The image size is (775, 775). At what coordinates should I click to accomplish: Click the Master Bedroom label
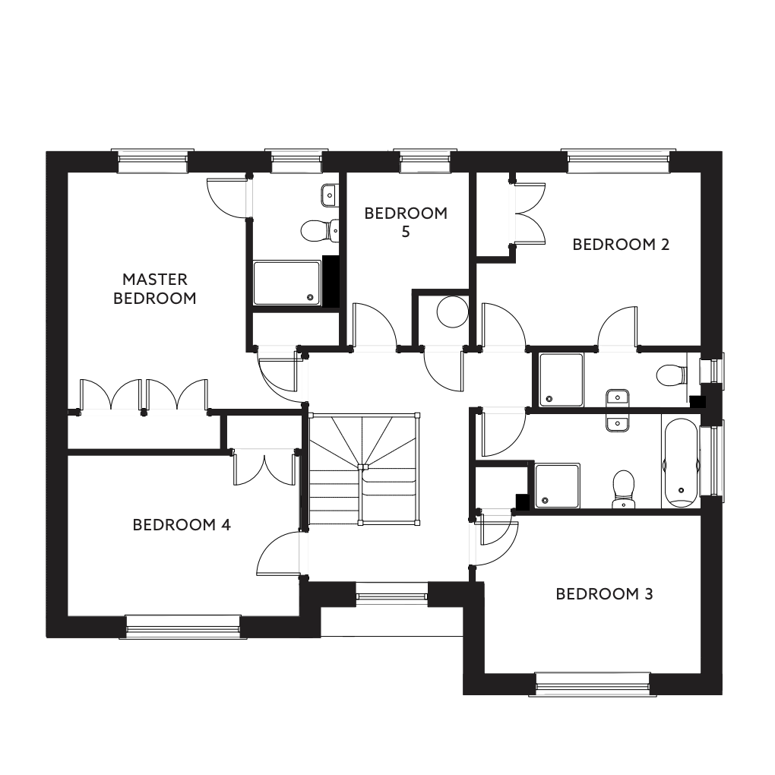tap(155, 289)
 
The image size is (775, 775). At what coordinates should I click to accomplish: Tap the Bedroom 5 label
tap(406, 222)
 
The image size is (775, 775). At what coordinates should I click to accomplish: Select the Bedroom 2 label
tap(621, 244)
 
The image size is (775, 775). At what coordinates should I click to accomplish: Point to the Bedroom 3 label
tap(605, 593)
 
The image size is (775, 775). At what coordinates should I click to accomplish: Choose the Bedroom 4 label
tap(182, 524)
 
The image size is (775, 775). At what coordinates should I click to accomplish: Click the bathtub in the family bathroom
tap(681, 463)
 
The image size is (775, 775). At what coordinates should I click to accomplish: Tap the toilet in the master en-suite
tap(320, 229)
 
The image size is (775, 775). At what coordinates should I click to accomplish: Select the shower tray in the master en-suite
tap(287, 283)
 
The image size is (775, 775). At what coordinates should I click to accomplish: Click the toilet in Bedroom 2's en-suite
tap(672, 375)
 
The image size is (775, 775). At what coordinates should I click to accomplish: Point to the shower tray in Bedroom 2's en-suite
tap(561, 380)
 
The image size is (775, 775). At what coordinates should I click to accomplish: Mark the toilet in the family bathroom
tap(624, 489)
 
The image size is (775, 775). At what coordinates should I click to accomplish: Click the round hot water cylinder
tap(452, 312)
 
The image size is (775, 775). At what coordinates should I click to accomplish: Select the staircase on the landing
tap(364, 469)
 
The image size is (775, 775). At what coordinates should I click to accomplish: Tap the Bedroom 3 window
tap(593, 684)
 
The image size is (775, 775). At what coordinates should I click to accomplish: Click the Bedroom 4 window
tap(183, 627)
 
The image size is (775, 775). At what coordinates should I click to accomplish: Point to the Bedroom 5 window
tap(425, 160)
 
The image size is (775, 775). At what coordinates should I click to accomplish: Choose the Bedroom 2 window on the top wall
tap(618, 160)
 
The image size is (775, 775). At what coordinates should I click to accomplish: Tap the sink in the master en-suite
tap(330, 195)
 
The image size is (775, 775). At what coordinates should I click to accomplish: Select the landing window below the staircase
tap(391, 593)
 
